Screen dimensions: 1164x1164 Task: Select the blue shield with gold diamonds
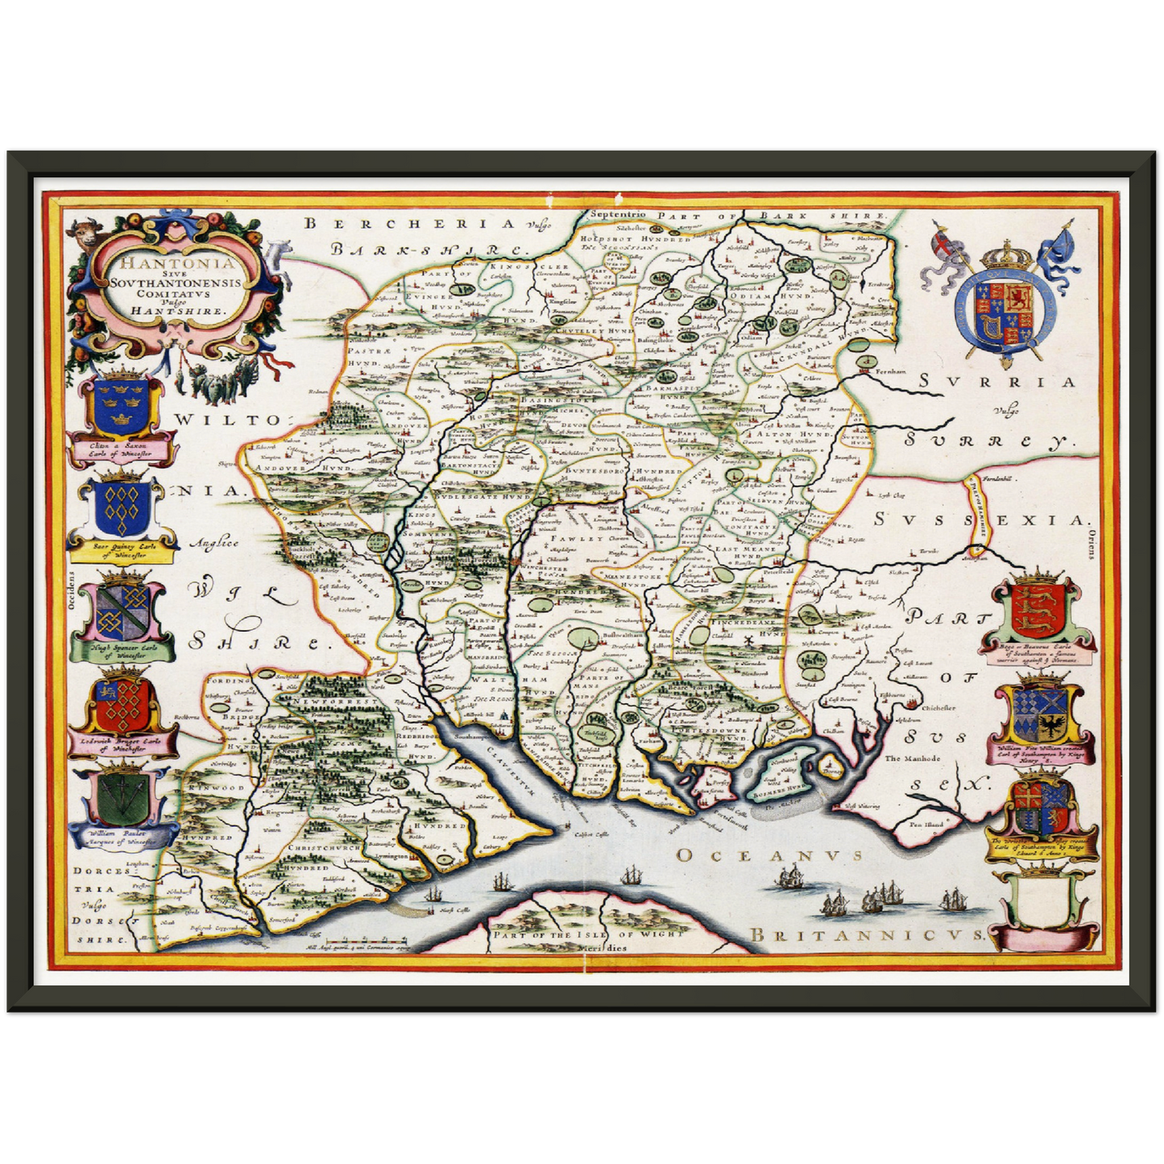click(x=121, y=509)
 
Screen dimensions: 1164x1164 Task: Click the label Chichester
click(x=938, y=708)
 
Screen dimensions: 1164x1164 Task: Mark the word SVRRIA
click(x=998, y=383)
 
